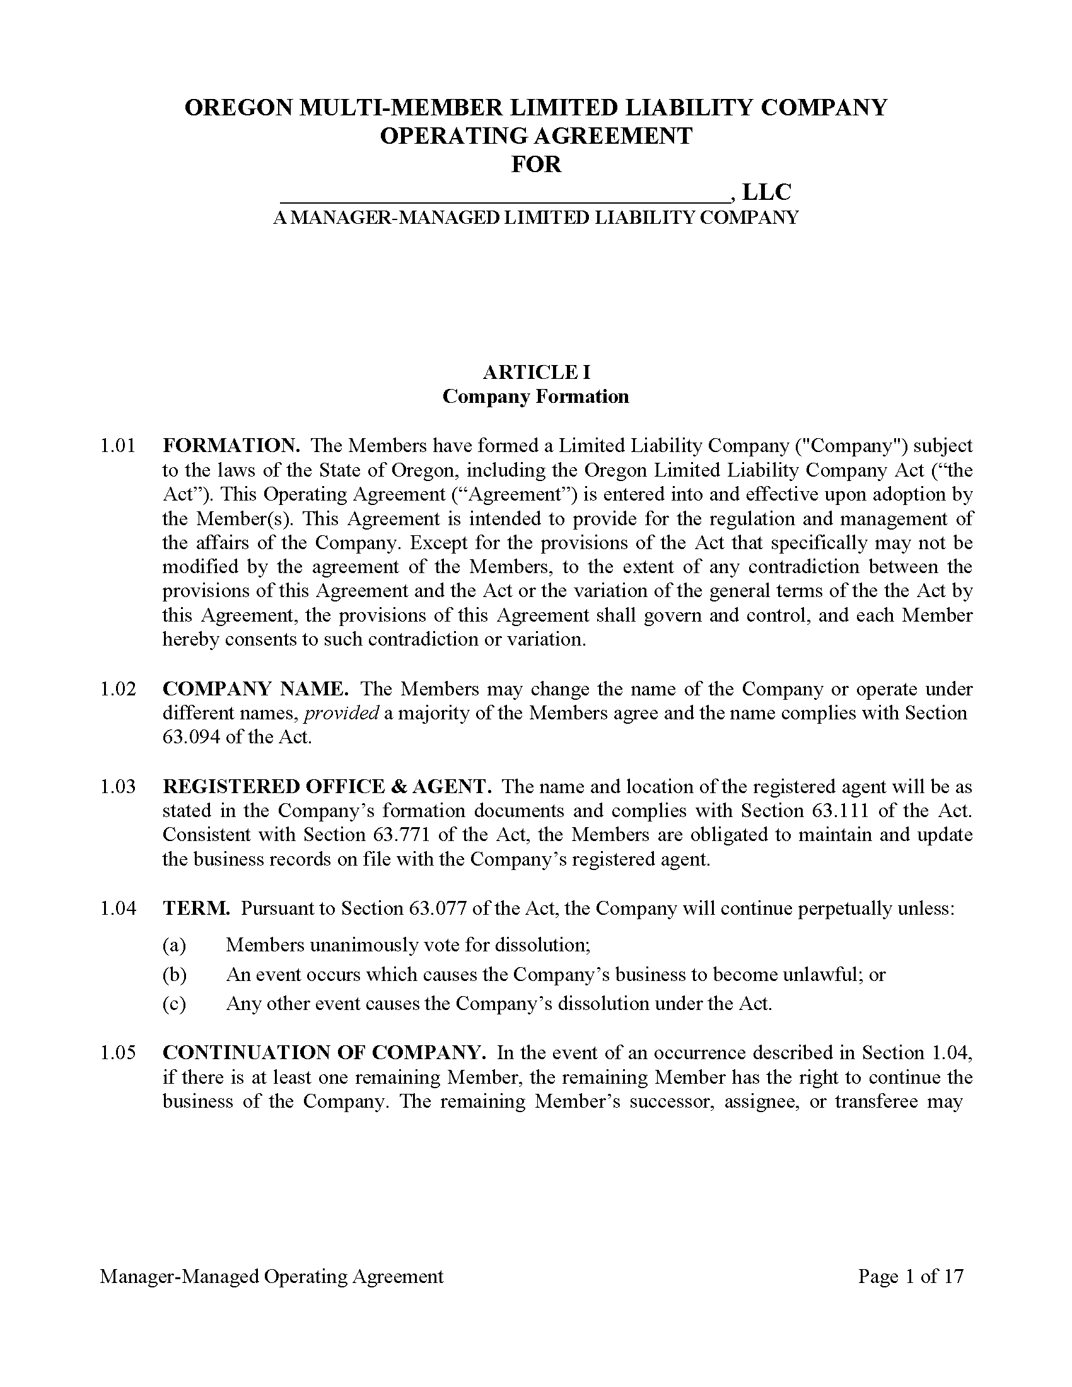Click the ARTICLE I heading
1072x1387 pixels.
pyautogui.click(x=536, y=371)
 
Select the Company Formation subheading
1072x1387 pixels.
pyautogui.click(x=536, y=397)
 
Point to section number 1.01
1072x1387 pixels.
pyautogui.click(x=118, y=446)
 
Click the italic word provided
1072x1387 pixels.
pyautogui.click(x=342, y=713)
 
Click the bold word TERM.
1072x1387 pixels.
pyautogui.click(x=196, y=908)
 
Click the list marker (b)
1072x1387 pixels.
pyautogui.click(x=174, y=975)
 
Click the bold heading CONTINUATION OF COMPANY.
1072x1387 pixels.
pyautogui.click(x=324, y=1053)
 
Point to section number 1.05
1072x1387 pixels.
pyautogui.click(x=118, y=1053)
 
